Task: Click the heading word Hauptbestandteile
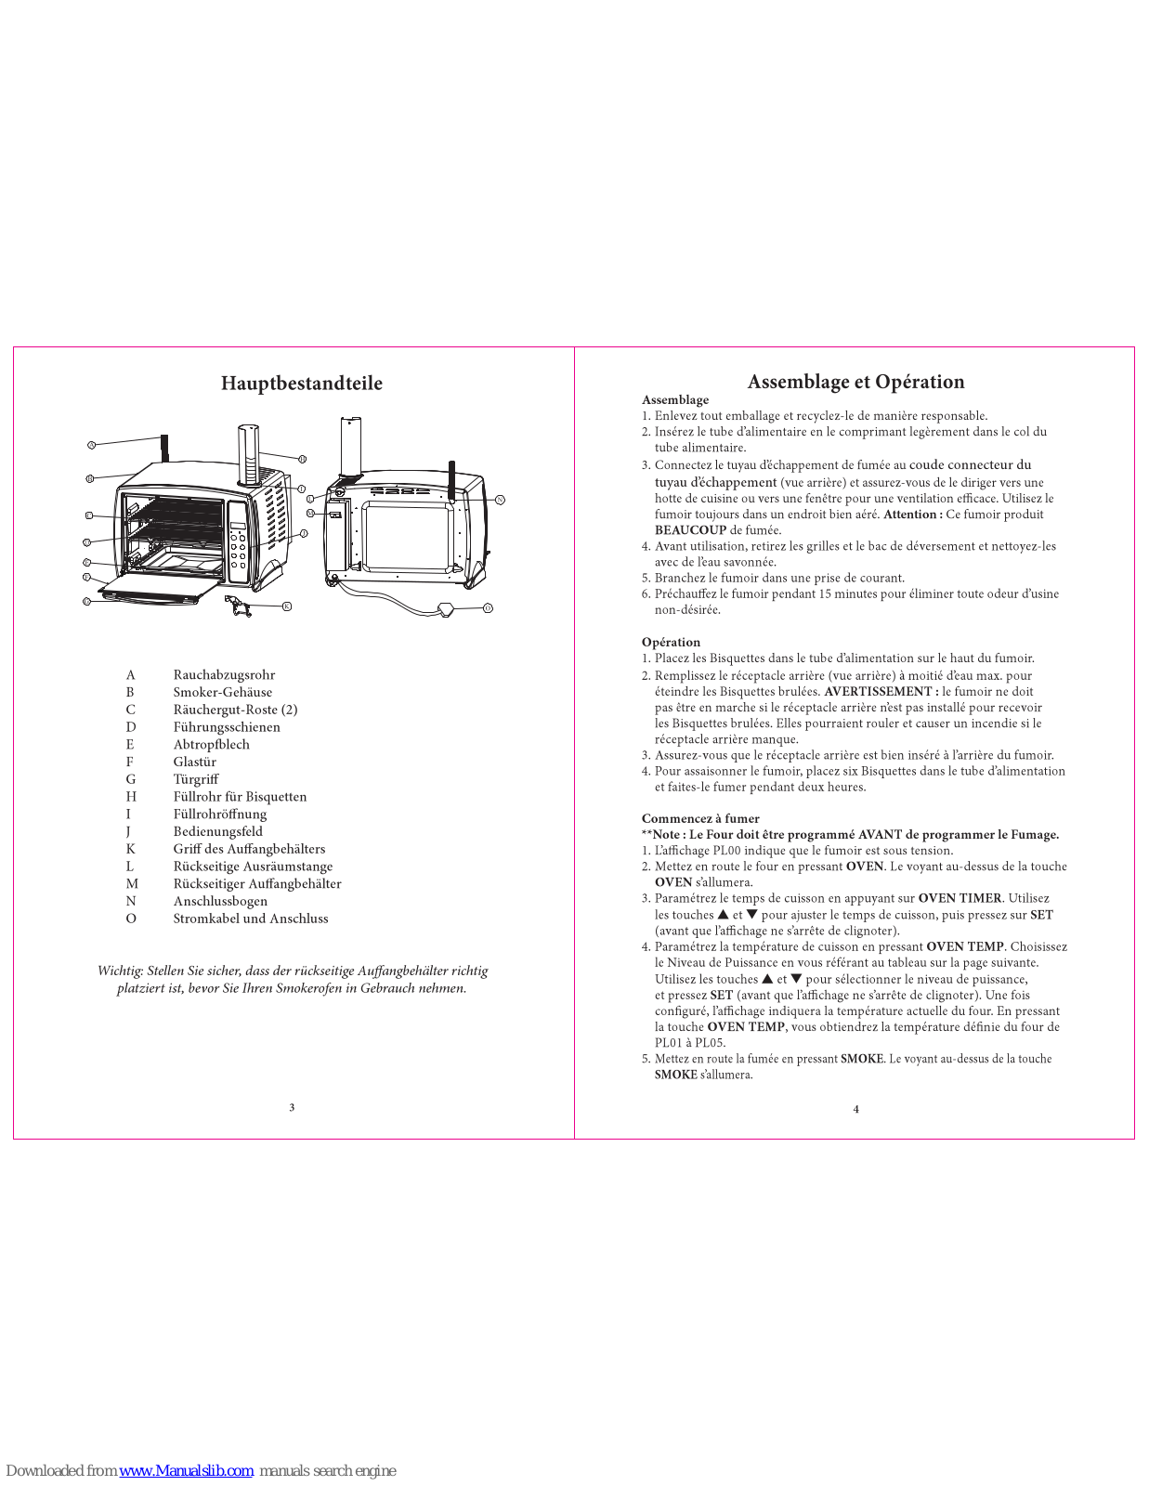click(x=301, y=384)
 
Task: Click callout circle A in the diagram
click(x=91, y=446)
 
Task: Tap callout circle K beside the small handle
click(x=287, y=606)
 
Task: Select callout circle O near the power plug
click(x=488, y=608)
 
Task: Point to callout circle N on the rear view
click(x=500, y=500)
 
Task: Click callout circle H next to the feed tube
click(x=302, y=459)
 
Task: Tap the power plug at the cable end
click(x=447, y=609)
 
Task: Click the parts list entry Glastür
click(x=194, y=762)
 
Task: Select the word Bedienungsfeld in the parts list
click(x=217, y=831)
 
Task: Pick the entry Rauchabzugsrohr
click(x=224, y=675)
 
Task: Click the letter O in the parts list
click(x=131, y=919)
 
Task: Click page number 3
click(x=292, y=1107)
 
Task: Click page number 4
click(x=855, y=1109)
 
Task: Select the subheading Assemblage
click(x=675, y=400)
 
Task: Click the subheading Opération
click(x=671, y=643)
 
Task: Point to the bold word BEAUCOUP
click(x=690, y=530)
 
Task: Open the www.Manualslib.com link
click(x=186, y=1470)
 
